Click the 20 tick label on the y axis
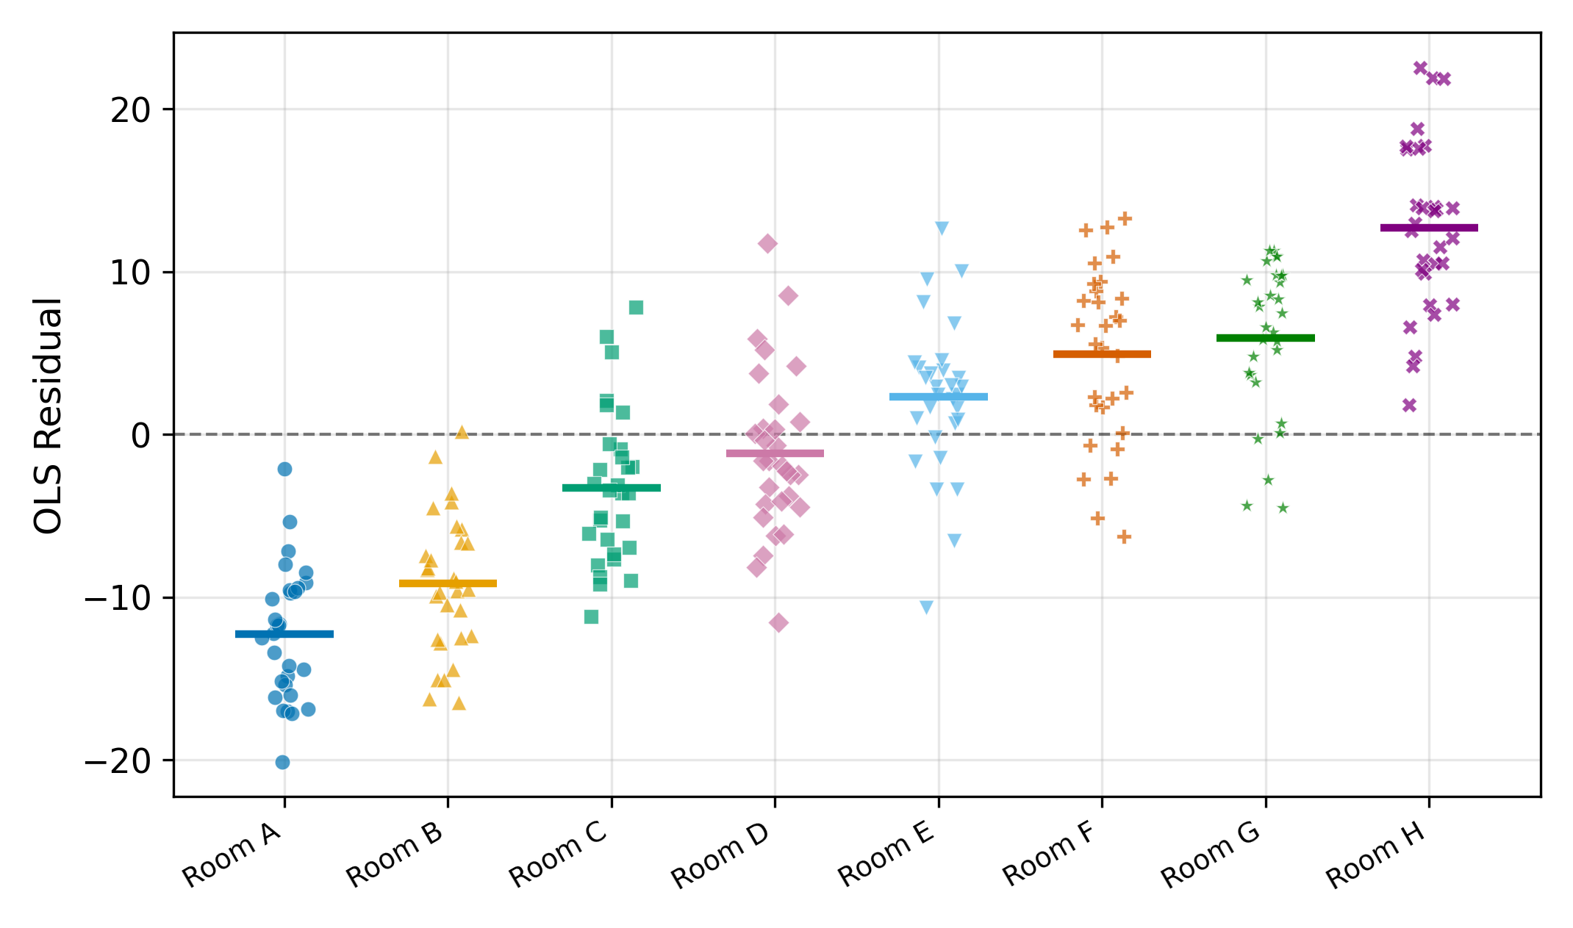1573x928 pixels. pos(131,110)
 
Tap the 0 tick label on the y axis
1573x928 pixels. pos(140,436)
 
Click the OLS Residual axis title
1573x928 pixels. pos(49,415)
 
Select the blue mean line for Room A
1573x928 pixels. pos(284,634)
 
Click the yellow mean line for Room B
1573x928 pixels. pos(448,583)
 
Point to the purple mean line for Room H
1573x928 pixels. pos(1429,228)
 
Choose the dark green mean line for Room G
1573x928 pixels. pos(1266,338)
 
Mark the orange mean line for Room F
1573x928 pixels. pos(1102,354)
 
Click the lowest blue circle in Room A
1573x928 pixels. pos(282,763)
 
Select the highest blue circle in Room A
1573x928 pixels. pos(285,470)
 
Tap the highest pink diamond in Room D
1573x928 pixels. pos(767,244)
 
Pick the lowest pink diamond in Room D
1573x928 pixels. pos(778,623)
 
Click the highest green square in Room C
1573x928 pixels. pos(637,308)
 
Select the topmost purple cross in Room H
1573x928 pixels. pos(1420,68)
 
